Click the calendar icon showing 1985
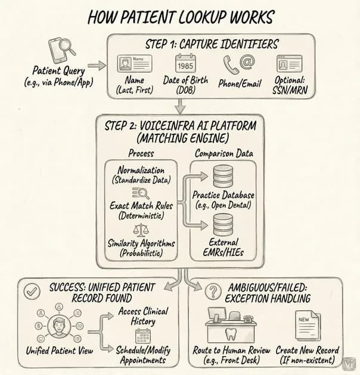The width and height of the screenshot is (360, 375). click(x=185, y=63)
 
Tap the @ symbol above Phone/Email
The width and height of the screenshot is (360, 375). click(x=247, y=62)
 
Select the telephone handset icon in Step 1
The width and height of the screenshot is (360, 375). click(x=231, y=65)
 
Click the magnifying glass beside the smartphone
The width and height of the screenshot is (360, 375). click(x=67, y=46)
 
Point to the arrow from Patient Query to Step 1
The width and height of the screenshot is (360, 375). click(x=97, y=65)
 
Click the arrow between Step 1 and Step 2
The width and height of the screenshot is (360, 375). click(x=180, y=106)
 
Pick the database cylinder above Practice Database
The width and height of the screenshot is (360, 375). click(x=223, y=176)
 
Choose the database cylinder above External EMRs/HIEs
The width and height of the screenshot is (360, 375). click(x=223, y=224)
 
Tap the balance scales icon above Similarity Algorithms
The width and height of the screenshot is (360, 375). click(x=141, y=230)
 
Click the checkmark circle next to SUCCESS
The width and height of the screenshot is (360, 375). click(x=32, y=291)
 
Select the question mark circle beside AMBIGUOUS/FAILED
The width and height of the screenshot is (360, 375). click(x=213, y=291)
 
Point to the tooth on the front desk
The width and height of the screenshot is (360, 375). click(x=231, y=334)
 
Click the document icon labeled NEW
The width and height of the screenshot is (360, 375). click(x=308, y=325)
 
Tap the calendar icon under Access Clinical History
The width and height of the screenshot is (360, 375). click(x=143, y=336)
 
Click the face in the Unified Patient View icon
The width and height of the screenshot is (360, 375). click(x=59, y=326)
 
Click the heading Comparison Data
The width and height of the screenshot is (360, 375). click(x=224, y=154)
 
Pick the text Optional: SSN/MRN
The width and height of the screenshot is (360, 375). click(x=290, y=85)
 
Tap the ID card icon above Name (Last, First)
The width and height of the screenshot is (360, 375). click(x=135, y=63)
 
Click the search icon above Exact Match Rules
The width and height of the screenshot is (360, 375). click(x=141, y=193)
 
